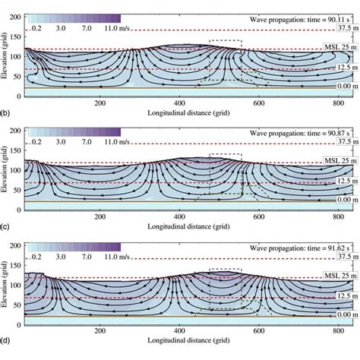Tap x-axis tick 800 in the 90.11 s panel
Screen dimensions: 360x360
point(334,103)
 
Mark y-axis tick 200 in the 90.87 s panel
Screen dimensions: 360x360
point(16,134)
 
